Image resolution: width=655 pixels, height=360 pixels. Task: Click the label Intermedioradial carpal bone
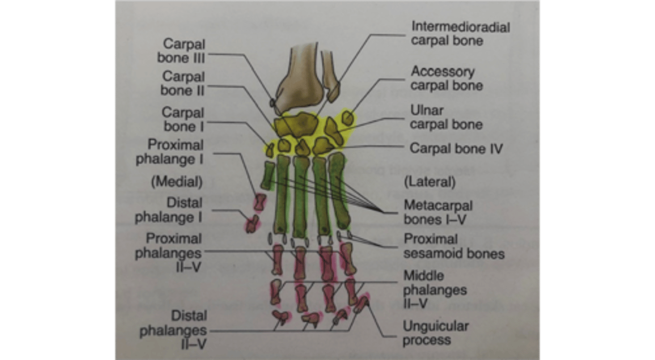[460, 33]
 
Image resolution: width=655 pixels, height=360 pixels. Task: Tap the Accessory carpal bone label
[446, 79]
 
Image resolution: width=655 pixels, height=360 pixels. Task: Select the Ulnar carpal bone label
[446, 117]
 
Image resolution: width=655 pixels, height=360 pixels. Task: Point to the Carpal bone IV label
[456, 148]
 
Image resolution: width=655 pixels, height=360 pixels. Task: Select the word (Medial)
[176, 182]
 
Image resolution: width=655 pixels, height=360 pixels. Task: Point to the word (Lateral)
[429, 182]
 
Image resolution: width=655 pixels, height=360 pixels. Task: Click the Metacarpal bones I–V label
[438, 212]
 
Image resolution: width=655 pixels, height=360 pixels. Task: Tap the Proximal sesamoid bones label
[454, 246]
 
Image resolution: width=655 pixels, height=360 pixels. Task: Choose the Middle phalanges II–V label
[435, 290]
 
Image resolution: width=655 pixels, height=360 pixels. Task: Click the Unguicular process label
[435, 333]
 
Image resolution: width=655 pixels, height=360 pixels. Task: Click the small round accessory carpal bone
[348, 119]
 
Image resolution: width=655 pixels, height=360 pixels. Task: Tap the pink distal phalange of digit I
[252, 223]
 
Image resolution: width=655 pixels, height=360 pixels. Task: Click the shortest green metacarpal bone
[267, 175]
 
